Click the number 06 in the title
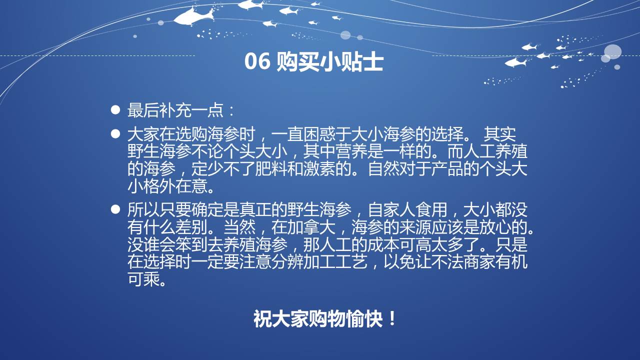257,61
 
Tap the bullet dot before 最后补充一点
115,110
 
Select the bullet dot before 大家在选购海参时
115,133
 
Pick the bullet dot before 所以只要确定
115,209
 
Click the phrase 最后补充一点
175,110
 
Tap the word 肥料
271,169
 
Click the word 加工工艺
335,262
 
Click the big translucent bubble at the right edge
612,52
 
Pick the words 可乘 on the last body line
143,279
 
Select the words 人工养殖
495,151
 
